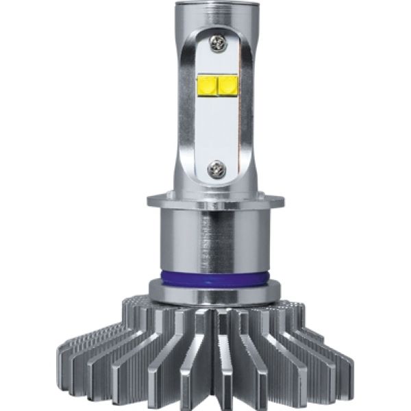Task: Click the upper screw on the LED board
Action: (219, 45)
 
